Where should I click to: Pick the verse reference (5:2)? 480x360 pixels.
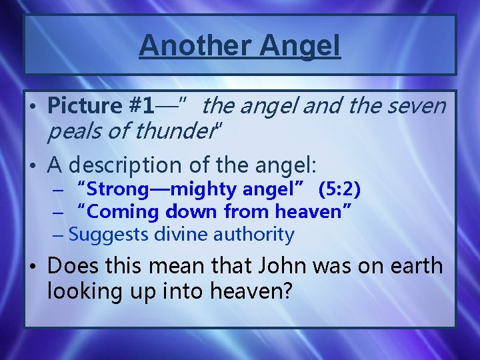pyautogui.click(x=339, y=190)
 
